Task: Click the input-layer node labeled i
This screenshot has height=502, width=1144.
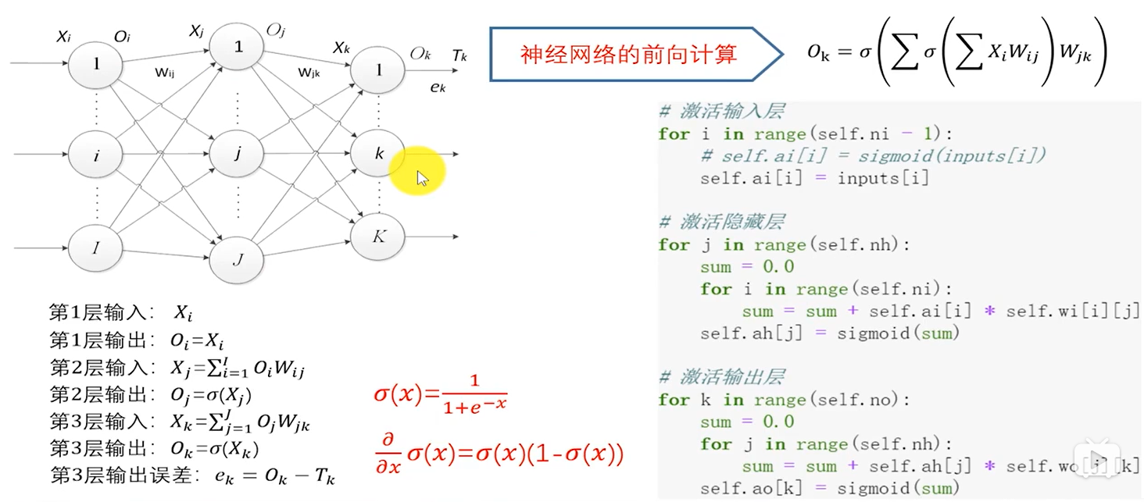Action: tap(96, 155)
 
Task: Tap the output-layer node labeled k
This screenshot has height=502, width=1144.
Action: tap(379, 153)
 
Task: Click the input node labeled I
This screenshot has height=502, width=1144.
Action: tap(96, 248)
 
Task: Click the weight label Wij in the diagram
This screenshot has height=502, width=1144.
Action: tap(165, 73)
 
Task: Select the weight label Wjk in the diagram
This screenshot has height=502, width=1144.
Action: tap(309, 73)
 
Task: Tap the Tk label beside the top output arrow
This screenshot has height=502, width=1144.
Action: tap(459, 55)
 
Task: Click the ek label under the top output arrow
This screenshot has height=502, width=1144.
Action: tap(438, 87)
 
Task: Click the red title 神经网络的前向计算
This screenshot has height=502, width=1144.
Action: tap(629, 55)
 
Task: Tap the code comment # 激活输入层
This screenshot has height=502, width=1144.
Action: tap(721, 111)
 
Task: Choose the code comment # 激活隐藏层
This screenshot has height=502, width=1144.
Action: tap(721, 222)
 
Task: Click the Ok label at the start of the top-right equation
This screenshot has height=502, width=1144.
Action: tap(818, 54)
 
